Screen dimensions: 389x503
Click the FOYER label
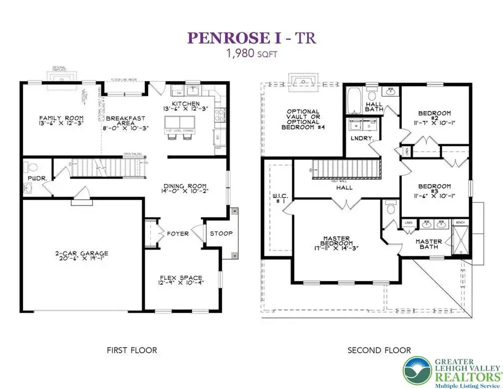point(177,233)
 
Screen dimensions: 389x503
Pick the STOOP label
point(221,233)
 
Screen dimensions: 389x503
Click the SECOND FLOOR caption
point(379,350)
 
